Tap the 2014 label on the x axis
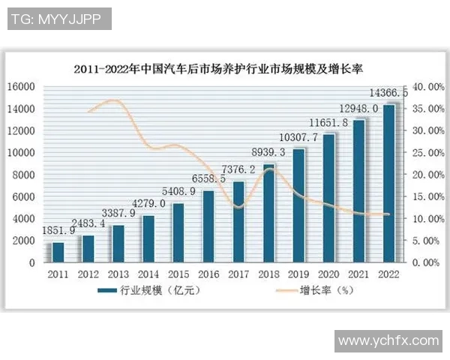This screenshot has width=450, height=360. (148, 274)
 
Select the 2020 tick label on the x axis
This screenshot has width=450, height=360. (328, 274)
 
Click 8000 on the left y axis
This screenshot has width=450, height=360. (23, 175)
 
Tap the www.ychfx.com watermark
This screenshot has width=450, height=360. (388, 340)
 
